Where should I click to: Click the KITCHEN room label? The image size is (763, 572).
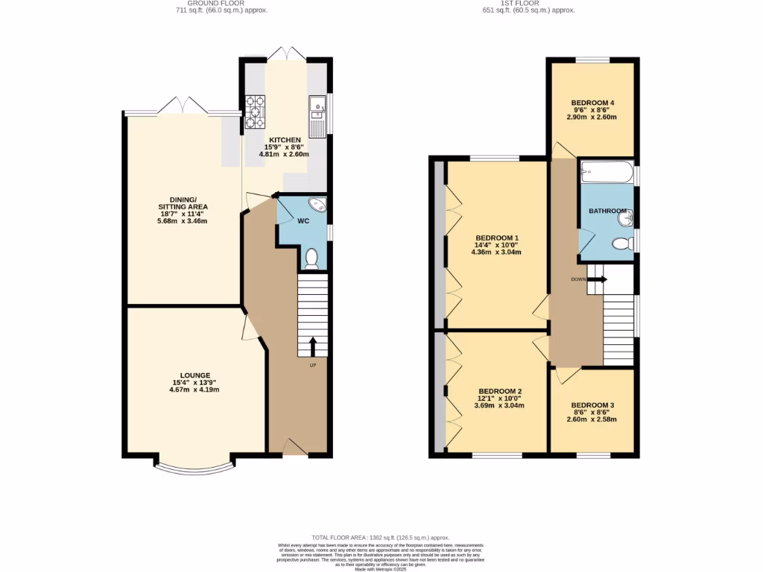285,140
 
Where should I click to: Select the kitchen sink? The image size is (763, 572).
317,112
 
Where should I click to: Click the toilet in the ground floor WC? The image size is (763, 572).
312,258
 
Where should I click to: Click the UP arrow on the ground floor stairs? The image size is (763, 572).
312,346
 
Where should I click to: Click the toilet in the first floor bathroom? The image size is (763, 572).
621,244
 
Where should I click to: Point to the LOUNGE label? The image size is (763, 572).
194,375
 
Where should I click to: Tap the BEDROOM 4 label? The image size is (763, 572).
592,103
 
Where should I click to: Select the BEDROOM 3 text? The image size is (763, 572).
592,405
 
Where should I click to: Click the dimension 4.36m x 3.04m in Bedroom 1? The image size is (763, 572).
496,252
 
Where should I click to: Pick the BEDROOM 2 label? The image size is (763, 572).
499,392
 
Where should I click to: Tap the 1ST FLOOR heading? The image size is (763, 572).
529,4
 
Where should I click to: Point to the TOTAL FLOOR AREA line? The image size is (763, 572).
380,537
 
